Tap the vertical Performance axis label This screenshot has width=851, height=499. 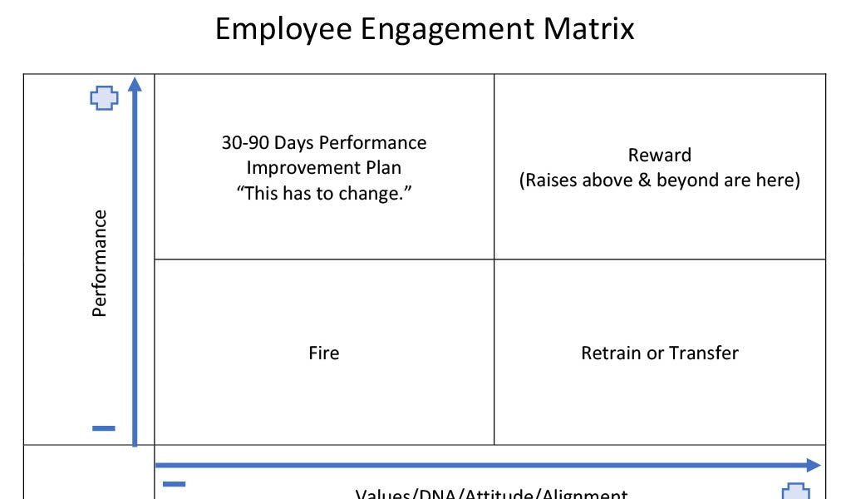[100, 263]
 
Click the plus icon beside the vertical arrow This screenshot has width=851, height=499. [104, 98]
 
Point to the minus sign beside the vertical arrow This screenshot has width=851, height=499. [104, 428]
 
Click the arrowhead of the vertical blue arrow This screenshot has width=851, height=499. [135, 84]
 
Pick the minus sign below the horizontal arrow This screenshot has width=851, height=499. [175, 484]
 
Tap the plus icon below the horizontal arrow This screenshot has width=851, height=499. [797, 491]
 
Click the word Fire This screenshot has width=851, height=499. [323, 353]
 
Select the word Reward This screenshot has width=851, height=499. [659, 155]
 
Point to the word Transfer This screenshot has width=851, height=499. [704, 353]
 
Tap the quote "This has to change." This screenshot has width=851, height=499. [324, 193]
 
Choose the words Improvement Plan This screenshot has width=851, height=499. [324, 167]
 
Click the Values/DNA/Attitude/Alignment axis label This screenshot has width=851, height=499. [491, 493]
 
